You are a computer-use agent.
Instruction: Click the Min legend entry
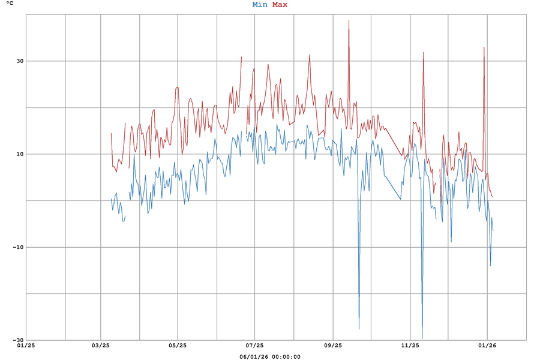pyautogui.click(x=260, y=5)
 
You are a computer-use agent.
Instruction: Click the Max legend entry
pyautogui.click(x=280, y=5)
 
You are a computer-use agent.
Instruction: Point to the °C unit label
pyautogui.click(x=10, y=4)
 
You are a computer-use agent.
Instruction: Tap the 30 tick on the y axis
pyautogui.click(x=19, y=61)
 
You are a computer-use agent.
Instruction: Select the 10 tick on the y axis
pyautogui.click(x=19, y=154)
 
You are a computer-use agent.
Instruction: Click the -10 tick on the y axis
pyautogui.click(x=18, y=247)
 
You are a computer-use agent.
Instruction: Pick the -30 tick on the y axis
pyautogui.click(x=18, y=340)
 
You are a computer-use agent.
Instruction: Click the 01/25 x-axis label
pyautogui.click(x=26, y=346)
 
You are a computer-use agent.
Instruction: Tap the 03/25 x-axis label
pyautogui.click(x=100, y=346)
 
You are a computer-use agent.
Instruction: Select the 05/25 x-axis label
pyautogui.click(x=178, y=346)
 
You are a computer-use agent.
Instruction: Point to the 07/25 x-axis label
pyautogui.click(x=254, y=346)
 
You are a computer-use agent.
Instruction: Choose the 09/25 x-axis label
pyautogui.click(x=332, y=346)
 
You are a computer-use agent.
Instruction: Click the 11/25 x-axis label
pyautogui.click(x=410, y=346)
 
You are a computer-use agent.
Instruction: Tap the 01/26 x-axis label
pyautogui.click(x=487, y=346)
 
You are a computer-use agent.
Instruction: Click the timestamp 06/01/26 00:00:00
pyautogui.click(x=270, y=357)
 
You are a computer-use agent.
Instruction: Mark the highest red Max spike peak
pyautogui.click(x=349, y=20)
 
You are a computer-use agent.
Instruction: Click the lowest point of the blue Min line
pyautogui.click(x=422, y=338)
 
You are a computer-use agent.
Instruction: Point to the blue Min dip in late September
pyautogui.click(x=359, y=329)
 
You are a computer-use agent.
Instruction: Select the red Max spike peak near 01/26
pyautogui.click(x=484, y=47)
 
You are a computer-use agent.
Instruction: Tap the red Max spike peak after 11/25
pyautogui.click(x=424, y=52)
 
